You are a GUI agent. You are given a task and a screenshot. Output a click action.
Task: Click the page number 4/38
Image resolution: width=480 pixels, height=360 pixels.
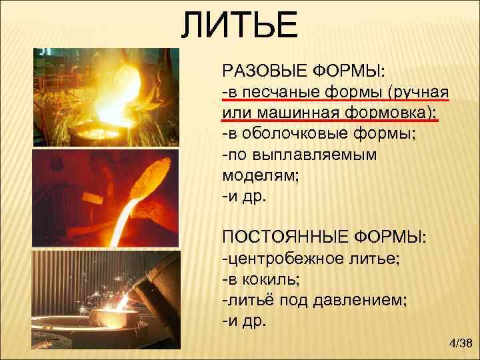point(460,343)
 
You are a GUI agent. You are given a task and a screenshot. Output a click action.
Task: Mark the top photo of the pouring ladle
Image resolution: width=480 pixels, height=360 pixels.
point(106,97)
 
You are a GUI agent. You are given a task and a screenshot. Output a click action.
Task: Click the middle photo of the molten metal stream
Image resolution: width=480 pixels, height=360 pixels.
point(106,197)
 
